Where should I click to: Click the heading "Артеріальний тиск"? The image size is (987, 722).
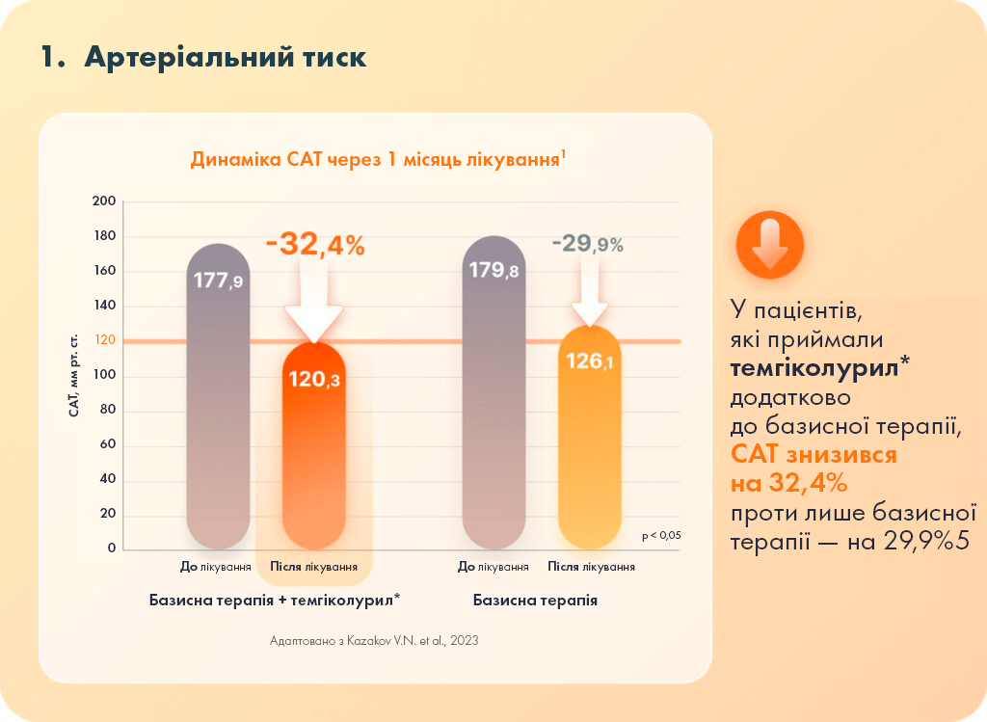pos(225,57)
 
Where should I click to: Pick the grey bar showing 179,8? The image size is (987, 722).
pos(494,395)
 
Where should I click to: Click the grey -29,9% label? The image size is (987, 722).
pos(587,245)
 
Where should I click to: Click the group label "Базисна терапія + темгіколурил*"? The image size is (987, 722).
pos(275,600)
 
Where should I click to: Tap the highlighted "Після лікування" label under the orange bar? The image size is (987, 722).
pos(314,567)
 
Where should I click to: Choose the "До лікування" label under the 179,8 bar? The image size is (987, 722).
pos(493,567)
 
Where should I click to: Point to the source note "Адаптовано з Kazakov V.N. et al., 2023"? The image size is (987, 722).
pos(375,640)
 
